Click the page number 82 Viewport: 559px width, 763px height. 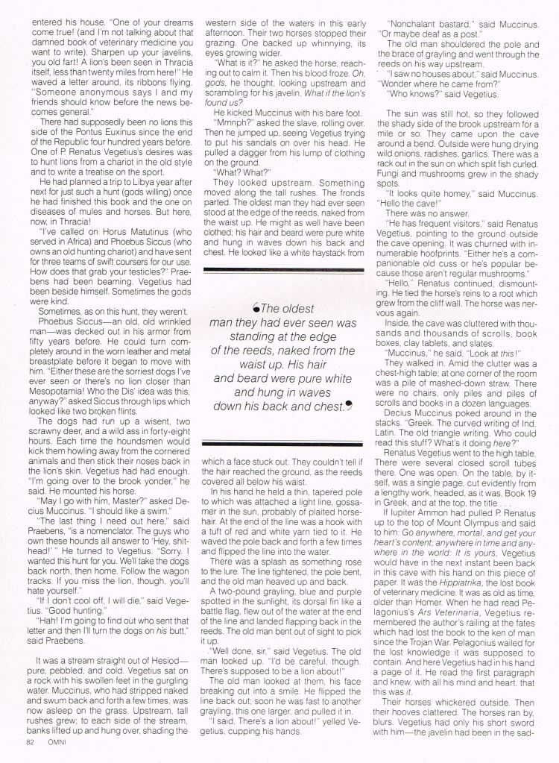(30, 746)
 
